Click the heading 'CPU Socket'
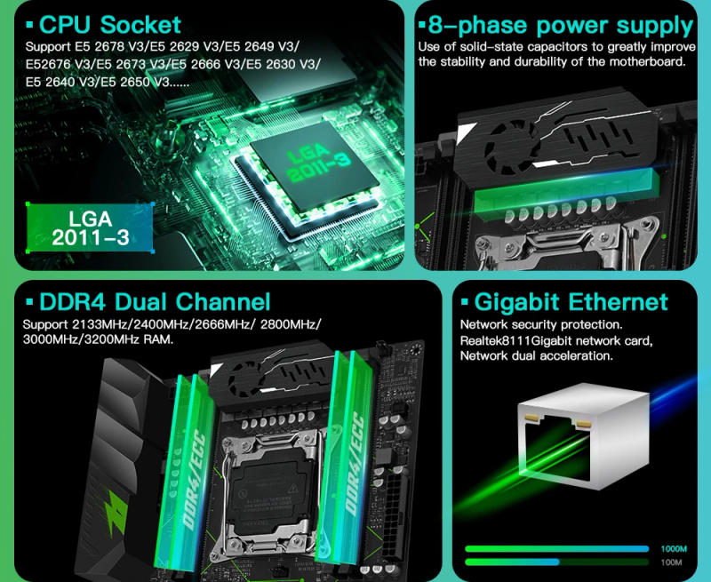click(109, 24)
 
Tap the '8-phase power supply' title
click(560, 24)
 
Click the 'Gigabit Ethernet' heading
click(571, 302)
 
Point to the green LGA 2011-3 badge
click(91, 227)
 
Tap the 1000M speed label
click(673, 548)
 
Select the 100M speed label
click(671, 562)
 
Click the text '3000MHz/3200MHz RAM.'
click(98, 339)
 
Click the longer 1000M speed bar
click(556, 548)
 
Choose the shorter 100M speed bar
click(511, 562)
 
